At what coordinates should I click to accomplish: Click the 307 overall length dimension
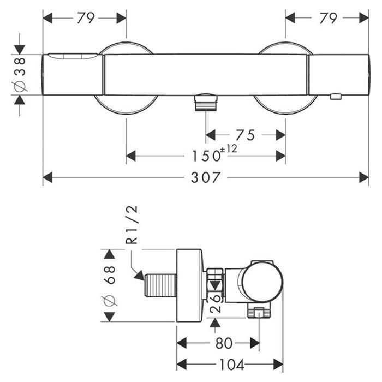(x=206, y=177)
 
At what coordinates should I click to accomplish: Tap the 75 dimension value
(x=246, y=135)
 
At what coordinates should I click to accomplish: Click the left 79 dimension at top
(x=86, y=18)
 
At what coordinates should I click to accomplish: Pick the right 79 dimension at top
(x=328, y=18)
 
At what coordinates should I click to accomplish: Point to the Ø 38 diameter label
(x=20, y=75)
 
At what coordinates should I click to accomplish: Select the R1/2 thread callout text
(x=132, y=225)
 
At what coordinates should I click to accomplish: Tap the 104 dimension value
(x=232, y=365)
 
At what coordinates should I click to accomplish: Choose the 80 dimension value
(x=224, y=343)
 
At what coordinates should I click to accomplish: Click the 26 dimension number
(x=216, y=303)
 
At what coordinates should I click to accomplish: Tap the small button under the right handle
(x=336, y=97)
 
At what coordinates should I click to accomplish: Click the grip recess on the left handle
(x=73, y=56)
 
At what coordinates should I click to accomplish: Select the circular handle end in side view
(x=263, y=283)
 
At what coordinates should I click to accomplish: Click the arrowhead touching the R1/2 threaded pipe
(x=140, y=276)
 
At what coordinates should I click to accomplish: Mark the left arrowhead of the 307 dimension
(x=47, y=177)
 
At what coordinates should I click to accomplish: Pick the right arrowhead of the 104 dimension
(x=278, y=365)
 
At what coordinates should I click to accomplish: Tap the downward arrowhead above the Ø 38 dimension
(x=20, y=50)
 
